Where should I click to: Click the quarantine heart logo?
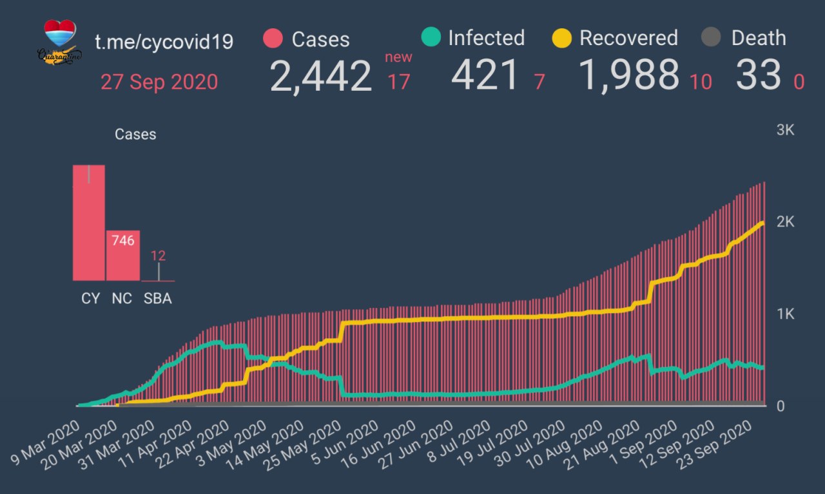(61, 41)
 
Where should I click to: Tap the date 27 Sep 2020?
(159, 82)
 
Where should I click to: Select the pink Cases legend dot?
(273, 39)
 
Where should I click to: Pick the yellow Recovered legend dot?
(562, 38)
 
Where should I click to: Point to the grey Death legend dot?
(710, 38)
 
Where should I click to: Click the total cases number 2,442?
(320, 76)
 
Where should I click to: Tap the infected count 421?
(485, 76)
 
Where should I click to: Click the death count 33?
(758, 76)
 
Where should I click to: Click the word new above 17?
(398, 57)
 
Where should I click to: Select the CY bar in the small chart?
(88, 222)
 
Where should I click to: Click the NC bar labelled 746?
(123, 255)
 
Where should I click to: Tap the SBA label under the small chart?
(158, 299)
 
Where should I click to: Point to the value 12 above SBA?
(158, 256)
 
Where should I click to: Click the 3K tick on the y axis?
(786, 130)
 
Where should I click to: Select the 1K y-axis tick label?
(786, 314)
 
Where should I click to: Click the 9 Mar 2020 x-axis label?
(44, 447)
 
